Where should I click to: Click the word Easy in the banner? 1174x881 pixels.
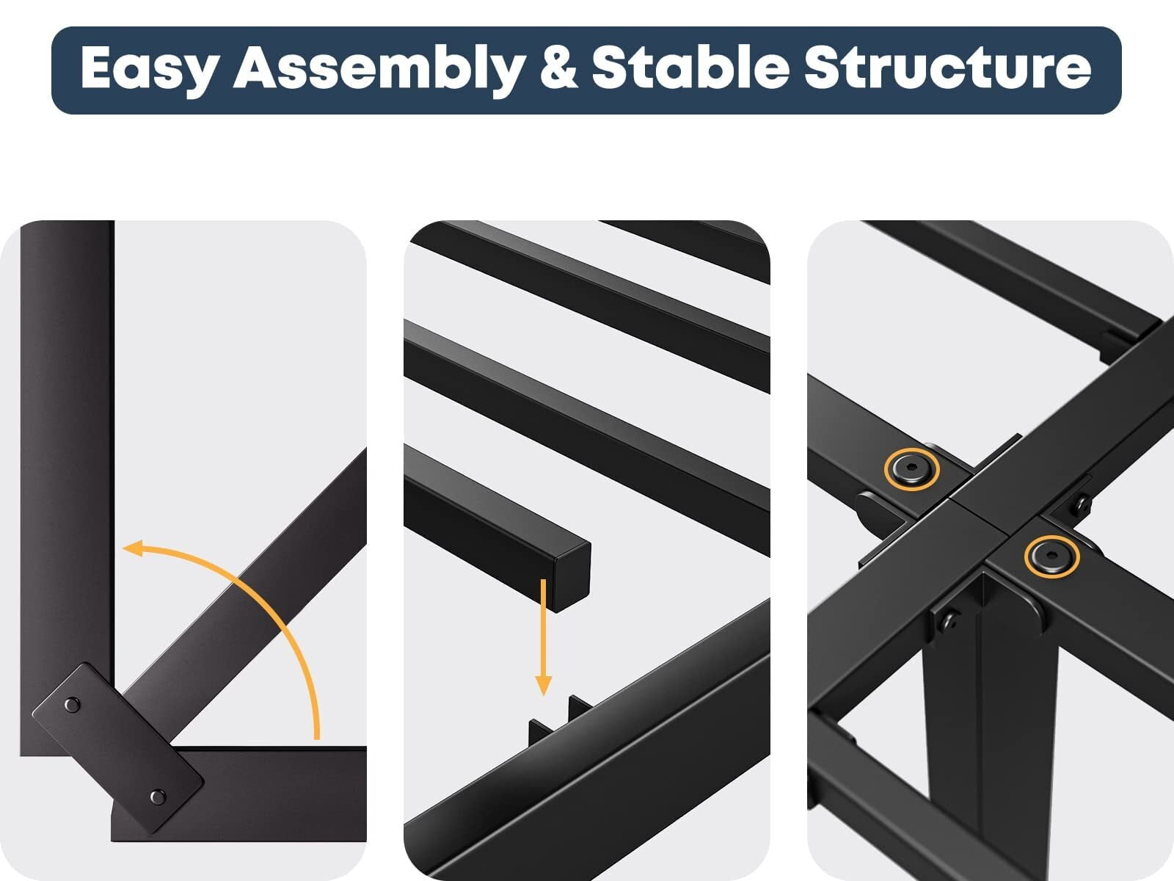click(149, 68)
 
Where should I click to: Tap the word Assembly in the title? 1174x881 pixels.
click(379, 68)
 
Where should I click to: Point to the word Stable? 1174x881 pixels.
click(690, 66)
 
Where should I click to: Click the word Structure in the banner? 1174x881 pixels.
click(948, 67)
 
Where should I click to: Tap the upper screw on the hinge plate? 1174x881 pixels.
click(72, 705)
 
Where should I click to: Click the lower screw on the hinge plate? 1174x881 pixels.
click(157, 797)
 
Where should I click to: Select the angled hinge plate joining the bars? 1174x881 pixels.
click(117, 748)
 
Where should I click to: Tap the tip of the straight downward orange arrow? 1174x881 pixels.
click(544, 695)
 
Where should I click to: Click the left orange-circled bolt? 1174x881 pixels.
click(911, 469)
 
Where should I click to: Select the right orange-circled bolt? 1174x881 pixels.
click(1051, 556)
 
